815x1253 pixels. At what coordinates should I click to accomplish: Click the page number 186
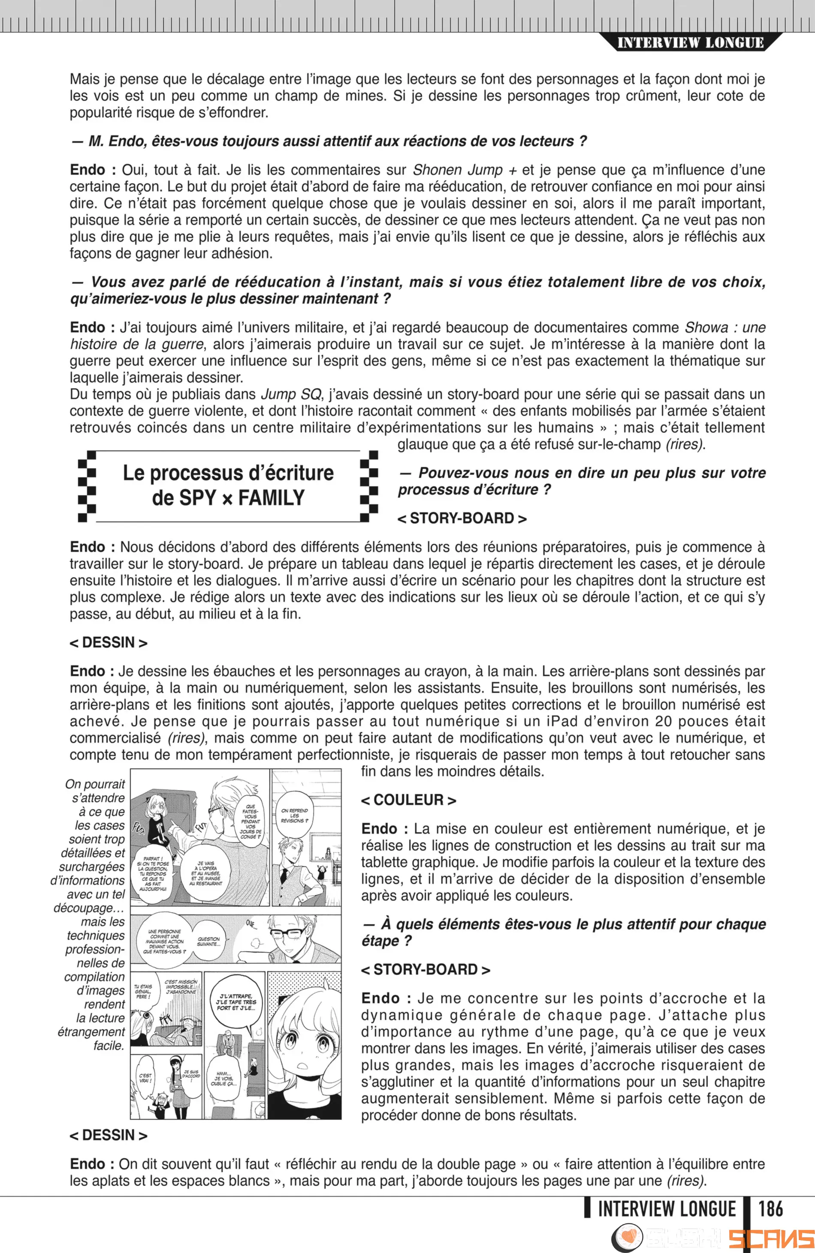(770, 1209)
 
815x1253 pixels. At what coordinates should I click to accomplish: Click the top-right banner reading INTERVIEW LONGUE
(690, 43)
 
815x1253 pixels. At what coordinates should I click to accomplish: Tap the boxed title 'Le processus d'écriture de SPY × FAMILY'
(228, 485)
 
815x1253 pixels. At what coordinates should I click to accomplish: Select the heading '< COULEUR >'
(408, 800)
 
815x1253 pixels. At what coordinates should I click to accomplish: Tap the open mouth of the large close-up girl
(303, 1066)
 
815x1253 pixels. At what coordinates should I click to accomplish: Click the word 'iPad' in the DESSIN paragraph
(561, 721)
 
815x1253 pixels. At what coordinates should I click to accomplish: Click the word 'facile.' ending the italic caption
(109, 1045)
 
